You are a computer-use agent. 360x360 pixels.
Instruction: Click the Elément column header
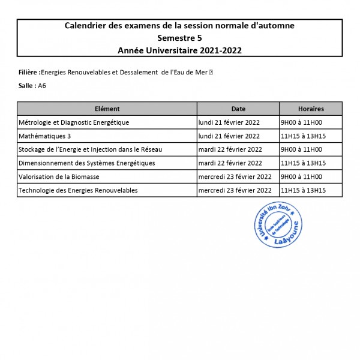click(107, 109)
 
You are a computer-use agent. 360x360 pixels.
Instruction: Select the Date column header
click(238, 109)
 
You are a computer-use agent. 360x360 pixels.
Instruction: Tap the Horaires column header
click(311, 109)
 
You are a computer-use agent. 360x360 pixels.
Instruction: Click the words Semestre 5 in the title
click(179, 38)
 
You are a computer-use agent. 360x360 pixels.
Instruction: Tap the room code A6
click(42, 86)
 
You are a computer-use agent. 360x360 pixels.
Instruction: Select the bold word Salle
click(26, 86)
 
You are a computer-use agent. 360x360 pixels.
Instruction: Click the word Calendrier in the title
click(85, 26)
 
